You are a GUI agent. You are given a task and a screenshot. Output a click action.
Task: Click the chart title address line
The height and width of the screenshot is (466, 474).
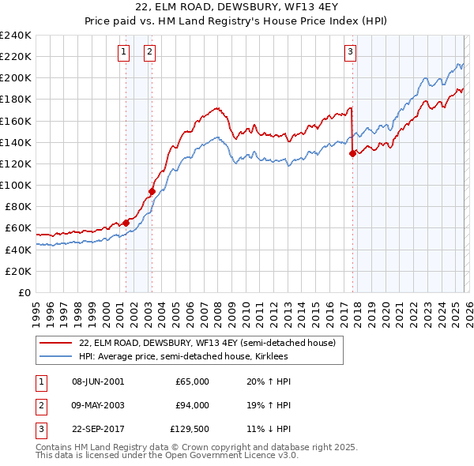click(x=236, y=8)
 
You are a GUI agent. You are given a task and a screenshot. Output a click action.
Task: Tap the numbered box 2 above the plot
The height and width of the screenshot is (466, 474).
click(x=149, y=53)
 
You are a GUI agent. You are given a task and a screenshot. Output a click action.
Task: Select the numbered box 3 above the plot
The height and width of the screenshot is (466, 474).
click(x=350, y=53)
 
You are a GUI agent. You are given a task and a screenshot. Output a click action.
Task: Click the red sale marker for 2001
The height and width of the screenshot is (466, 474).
click(x=126, y=223)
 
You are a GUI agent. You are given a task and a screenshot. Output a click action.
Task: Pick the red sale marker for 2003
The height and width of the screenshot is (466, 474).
click(x=152, y=191)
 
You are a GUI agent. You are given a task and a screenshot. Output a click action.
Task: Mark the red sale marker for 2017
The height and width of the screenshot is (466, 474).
click(x=352, y=154)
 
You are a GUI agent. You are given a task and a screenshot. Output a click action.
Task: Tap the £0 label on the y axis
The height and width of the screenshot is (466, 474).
click(x=24, y=292)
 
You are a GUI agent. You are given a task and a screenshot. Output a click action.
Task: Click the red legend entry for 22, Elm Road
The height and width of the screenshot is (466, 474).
click(x=207, y=343)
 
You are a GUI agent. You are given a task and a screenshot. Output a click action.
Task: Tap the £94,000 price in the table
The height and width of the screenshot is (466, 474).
click(x=192, y=405)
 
